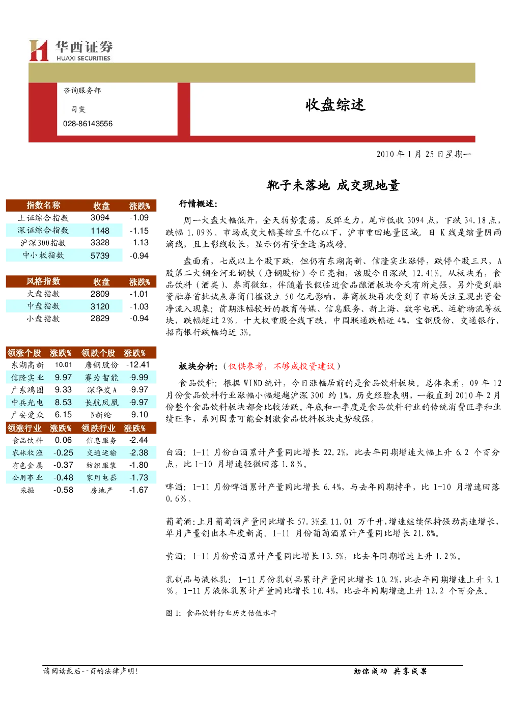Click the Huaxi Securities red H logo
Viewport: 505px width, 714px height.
[39, 50]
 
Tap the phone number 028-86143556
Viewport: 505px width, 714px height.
[88, 124]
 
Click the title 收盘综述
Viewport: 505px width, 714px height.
[335, 105]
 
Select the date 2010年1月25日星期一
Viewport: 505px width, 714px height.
[424, 154]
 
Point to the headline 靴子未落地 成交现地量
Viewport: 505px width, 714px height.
[333, 186]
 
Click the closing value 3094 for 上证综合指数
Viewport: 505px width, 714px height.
[100, 218]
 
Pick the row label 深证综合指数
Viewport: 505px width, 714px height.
[43, 231]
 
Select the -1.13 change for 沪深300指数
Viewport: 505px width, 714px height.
[139, 243]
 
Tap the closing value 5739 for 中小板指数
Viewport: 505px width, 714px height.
[100, 255]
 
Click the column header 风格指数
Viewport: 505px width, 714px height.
[43, 281]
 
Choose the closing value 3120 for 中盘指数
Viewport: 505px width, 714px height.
[100, 307]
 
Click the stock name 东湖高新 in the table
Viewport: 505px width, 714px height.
[27, 365]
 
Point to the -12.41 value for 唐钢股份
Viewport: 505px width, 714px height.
[138, 365]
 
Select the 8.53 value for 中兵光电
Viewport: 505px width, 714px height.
[63, 403]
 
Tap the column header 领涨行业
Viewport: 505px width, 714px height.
[24, 428]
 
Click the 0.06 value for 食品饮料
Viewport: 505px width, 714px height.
[63, 440]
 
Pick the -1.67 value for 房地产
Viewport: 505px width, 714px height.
[138, 490]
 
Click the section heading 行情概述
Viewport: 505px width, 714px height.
[198, 204]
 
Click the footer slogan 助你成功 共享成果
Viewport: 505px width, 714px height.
[390, 672]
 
